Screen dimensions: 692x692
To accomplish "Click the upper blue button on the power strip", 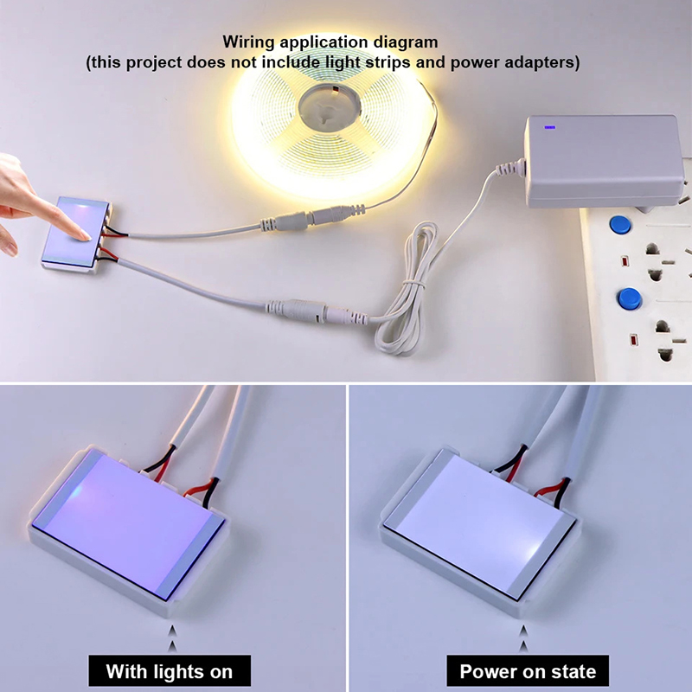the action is [619, 225].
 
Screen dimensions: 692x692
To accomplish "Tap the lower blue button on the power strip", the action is [630, 298].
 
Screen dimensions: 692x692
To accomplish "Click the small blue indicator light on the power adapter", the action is [549, 127].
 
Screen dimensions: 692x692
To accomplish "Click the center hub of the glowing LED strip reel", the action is [330, 107].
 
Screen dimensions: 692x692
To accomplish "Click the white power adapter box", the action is [603, 161].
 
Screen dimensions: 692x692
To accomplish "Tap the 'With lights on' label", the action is [170, 671].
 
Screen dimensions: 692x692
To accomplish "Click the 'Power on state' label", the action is [528, 671].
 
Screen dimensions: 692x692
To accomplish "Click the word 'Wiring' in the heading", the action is [248, 42].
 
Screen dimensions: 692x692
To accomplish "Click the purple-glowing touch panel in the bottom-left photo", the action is [129, 523].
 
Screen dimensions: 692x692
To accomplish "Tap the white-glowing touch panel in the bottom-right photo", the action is [479, 524].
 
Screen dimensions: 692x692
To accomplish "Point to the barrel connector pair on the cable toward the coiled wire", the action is [317, 311].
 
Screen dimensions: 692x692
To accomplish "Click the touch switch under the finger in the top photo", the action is [77, 234].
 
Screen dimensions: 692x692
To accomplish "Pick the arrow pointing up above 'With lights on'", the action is [172, 638].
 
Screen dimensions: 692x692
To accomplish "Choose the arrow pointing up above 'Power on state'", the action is [524, 638].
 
